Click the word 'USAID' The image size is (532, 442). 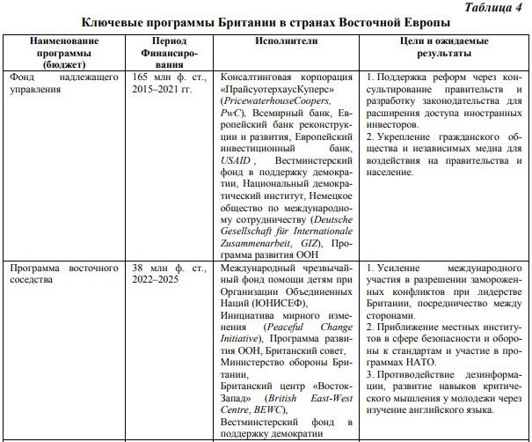pos(236,162)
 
